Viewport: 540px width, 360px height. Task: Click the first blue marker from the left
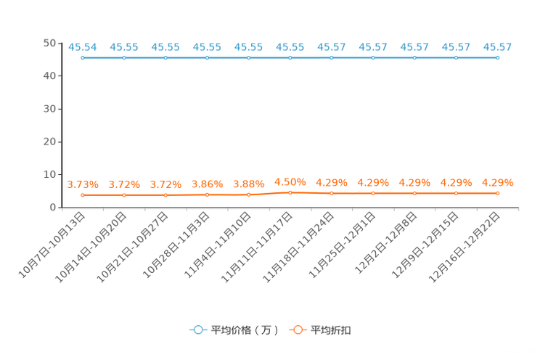click(x=83, y=57)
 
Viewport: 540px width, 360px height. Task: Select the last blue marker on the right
click(x=497, y=57)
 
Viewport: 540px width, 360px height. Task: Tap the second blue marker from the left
click(x=124, y=57)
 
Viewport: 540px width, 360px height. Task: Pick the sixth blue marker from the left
click(x=290, y=57)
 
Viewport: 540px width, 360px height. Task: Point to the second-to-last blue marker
click(x=456, y=57)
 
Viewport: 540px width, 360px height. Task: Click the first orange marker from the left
click(x=83, y=195)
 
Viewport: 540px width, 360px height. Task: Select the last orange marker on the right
click(x=497, y=194)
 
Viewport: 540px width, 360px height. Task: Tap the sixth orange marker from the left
click(x=290, y=193)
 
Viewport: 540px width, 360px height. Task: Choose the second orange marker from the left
click(x=124, y=195)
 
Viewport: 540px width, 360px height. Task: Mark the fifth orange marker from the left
click(x=249, y=195)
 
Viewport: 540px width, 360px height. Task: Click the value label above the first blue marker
click(x=83, y=48)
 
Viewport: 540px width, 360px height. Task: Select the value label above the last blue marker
click(x=497, y=48)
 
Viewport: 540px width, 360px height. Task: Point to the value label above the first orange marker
click(x=83, y=184)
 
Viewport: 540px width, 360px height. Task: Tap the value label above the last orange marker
click(x=497, y=184)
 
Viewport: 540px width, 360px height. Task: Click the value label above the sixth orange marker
click(x=290, y=182)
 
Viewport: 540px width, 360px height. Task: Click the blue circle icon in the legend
click(x=197, y=330)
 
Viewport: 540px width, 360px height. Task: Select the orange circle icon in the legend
click(x=298, y=330)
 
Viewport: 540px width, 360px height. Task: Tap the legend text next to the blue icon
click(x=245, y=330)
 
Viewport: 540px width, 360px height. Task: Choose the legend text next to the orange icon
click(x=332, y=330)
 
